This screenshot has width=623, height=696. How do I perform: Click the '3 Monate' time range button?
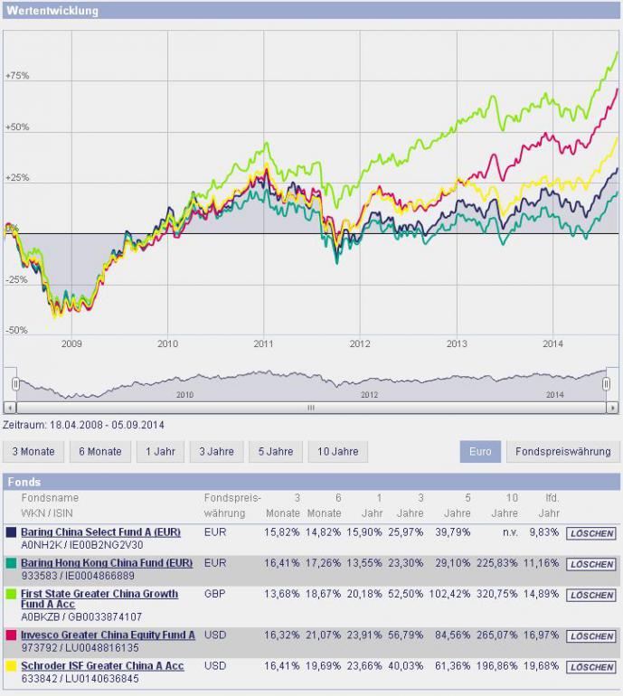click(x=33, y=452)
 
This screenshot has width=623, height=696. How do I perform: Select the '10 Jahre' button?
click(x=337, y=452)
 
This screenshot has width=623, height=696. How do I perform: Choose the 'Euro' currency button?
click(x=479, y=452)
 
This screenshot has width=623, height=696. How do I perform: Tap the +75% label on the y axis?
click(x=17, y=76)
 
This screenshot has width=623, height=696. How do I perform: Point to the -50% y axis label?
click(x=17, y=331)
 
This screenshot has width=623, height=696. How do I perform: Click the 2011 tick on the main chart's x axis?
click(x=264, y=344)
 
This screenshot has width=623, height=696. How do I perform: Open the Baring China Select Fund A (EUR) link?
click(x=100, y=532)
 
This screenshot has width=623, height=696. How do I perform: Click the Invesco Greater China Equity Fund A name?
click(x=108, y=635)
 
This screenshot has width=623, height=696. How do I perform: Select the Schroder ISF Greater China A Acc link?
click(x=102, y=666)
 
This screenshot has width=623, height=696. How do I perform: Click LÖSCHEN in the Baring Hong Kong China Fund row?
click(x=592, y=564)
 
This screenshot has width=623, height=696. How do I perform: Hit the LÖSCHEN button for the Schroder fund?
click(x=592, y=667)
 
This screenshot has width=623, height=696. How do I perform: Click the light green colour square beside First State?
click(x=11, y=595)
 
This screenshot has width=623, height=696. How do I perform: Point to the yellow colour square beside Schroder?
click(x=11, y=666)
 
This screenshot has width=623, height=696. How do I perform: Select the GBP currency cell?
click(x=215, y=595)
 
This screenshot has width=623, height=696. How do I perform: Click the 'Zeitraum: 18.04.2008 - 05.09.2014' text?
click(x=84, y=425)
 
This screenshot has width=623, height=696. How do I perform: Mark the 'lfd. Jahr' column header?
click(x=552, y=505)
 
